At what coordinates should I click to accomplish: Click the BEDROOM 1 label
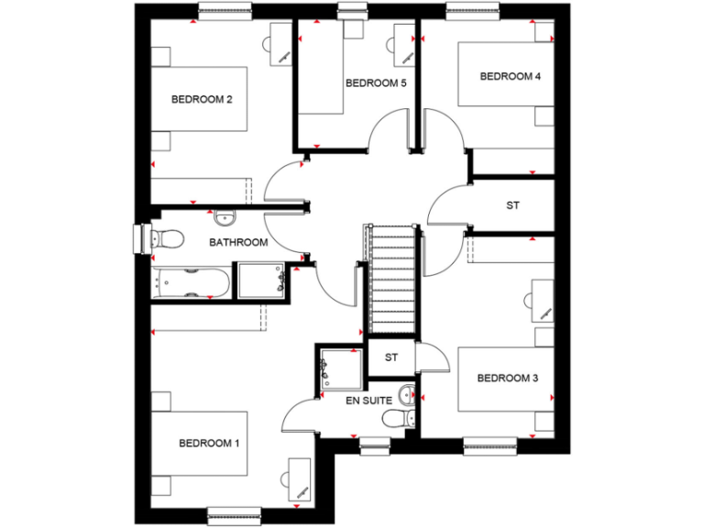[208, 444]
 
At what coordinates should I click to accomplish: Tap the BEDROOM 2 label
[201, 99]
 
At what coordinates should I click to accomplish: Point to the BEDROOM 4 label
[510, 76]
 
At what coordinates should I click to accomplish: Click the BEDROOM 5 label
[375, 83]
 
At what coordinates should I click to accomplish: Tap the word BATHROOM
[238, 243]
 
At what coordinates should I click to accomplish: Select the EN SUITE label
[368, 401]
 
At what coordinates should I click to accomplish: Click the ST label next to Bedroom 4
[512, 205]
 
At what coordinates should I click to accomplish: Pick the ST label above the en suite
[391, 357]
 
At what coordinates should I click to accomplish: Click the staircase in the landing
[393, 280]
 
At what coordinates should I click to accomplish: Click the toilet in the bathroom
[166, 240]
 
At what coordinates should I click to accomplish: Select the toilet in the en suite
[392, 420]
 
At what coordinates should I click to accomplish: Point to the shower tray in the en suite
[340, 369]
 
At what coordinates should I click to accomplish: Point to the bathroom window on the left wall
[141, 238]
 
